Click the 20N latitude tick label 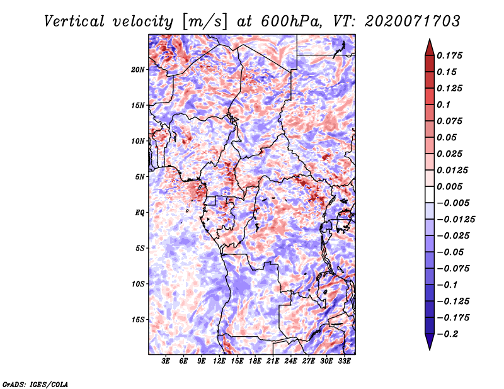click(138, 70)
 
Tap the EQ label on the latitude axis click(140, 213)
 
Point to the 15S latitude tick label click(138, 320)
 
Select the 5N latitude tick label click(140, 177)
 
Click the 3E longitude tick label click(166, 361)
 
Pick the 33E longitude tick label click(344, 361)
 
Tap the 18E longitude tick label click(255, 361)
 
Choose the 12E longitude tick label click(219, 361)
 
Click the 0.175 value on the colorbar click(449, 55)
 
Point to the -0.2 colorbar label click(447, 334)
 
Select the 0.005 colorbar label click(449, 186)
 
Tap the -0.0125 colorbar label click(455, 220)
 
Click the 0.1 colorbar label click(444, 104)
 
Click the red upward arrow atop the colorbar click(430, 47)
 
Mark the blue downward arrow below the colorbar click(430, 342)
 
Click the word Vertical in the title click(74, 21)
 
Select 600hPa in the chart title click(292, 21)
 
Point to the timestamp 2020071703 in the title click(413, 21)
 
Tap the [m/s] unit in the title click(205, 22)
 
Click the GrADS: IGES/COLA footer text click(35, 384)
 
